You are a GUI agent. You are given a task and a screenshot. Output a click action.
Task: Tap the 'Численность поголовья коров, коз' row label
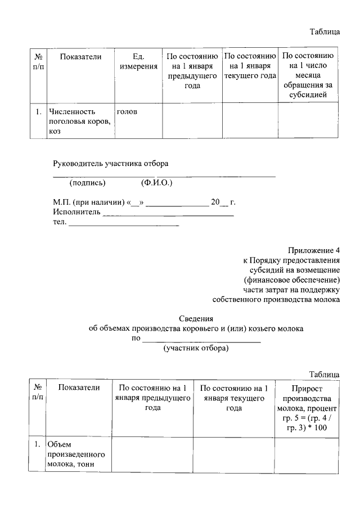pyautogui.click(x=79, y=121)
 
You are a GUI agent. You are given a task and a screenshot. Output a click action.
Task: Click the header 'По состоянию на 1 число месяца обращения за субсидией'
pyautogui.click(x=308, y=76)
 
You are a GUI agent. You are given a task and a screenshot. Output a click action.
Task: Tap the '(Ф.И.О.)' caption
pyautogui.click(x=156, y=183)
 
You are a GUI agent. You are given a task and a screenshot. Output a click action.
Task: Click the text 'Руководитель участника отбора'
pyautogui.click(x=111, y=164)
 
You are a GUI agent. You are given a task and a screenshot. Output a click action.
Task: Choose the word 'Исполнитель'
pyautogui.click(x=76, y=212)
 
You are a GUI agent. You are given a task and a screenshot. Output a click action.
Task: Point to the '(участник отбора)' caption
pyautogui.click(x=196, y=349)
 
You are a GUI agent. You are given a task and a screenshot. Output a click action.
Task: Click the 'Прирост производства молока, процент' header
pyautogui.click(x=307, y=408)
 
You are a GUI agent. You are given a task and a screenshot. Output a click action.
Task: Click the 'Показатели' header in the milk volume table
pyautogui.click(x=79, y=388)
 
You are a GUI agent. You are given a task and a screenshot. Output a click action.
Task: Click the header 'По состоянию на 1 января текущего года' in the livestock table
pyautogui.click(x=249, y=66)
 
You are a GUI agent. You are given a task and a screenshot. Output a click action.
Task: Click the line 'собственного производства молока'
pyautogui.click(x=276, y=300)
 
